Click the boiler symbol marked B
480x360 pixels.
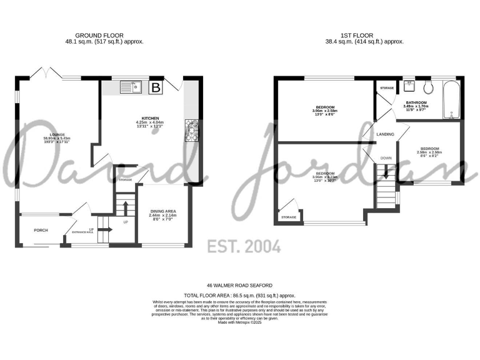pyautogui.click(x=156, y=87)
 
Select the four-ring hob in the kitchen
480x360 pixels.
pyautogui.click(x=191, y=129)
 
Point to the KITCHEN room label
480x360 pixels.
pyautogui.click(x=151, y=118)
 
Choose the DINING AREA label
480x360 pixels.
pyautogui.click(x=162, y=211)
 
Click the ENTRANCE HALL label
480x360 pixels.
pyautogui.click(x=82, y=232)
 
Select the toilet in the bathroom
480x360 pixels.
pyautogui.click(x=428, y=86)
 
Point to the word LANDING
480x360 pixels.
pyautogui.click(x=384, y=133)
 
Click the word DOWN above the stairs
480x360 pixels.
pyautogui.click(x=386, y=158)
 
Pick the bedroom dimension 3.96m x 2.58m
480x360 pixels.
pyautogui.click(x=326, y=111)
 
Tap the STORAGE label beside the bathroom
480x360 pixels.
pyautogui.click(x=387, y=88)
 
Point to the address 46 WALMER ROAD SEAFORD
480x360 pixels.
pyautogui.click(x=240, y=284)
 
